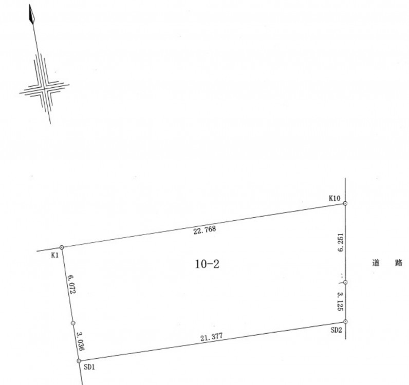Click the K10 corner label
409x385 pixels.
334,198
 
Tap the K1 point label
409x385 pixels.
55,255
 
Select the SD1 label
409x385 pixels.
89,367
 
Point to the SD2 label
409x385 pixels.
336,330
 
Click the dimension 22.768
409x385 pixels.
205,230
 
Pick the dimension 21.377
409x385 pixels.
212,337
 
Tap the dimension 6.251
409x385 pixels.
340,242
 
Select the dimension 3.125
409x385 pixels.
340,302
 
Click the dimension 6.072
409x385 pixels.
71,284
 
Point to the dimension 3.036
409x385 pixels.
80,341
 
